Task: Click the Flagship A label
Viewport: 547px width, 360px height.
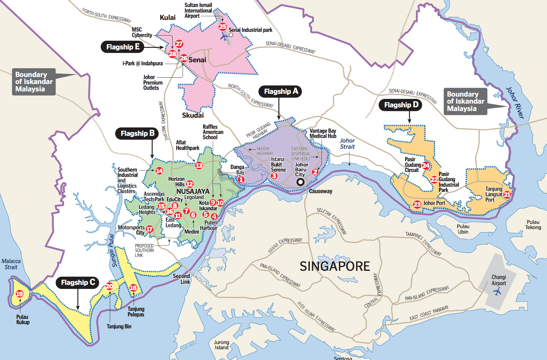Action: [281, 91]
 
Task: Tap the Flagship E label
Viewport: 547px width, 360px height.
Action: [122, 47]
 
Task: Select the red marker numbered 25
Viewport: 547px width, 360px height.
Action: [223, 26]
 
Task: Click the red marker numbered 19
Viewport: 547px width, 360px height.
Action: [19, 294]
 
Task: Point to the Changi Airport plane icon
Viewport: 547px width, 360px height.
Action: [497, 292]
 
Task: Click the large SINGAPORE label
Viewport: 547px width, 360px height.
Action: [334, 266]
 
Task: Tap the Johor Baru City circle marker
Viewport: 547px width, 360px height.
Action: [300, 182]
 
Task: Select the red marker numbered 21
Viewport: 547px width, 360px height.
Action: [507, 195]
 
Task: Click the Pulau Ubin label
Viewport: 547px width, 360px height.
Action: [463, 229]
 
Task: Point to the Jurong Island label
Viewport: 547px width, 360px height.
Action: [222, 345]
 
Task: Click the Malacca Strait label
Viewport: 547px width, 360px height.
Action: [11, 264]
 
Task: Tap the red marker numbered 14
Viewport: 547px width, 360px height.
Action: [159, 171]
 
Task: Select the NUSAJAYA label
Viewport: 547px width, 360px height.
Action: [193, 191]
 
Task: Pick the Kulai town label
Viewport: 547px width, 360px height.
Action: [168, 17]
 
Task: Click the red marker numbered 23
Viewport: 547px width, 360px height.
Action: [417, 204]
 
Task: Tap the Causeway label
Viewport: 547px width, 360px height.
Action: [320, 191]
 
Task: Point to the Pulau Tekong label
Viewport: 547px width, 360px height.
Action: [533, 225]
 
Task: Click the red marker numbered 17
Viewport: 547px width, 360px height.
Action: [149, 229]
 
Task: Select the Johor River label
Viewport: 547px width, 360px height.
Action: [515, 103]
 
